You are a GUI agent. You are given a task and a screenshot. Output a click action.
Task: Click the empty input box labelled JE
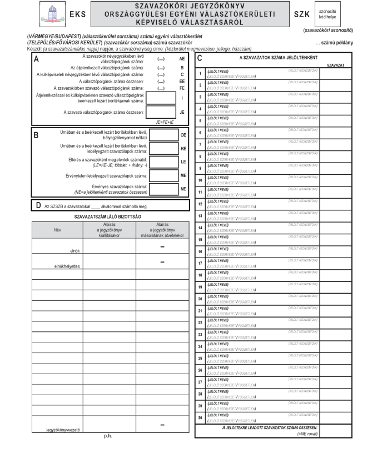(163, 112)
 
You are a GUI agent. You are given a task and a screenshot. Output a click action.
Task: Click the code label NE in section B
(183, 189)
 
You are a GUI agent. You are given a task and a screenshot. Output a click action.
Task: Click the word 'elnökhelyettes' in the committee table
(68, 266)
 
